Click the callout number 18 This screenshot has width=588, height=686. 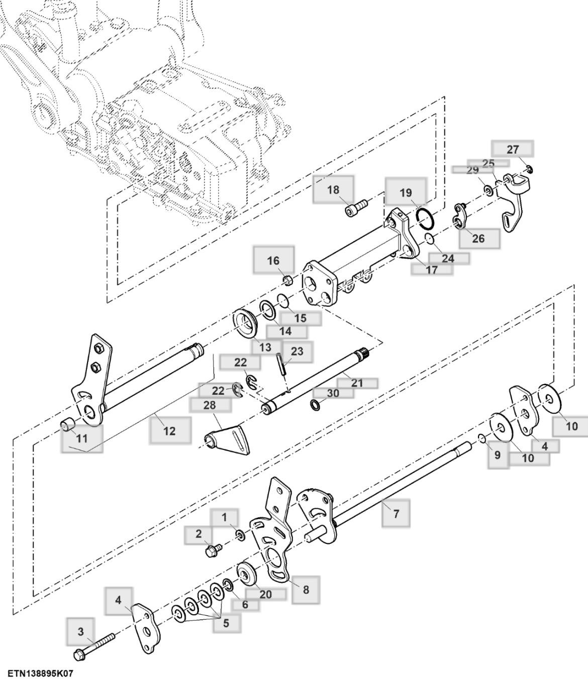(x=333, y=190)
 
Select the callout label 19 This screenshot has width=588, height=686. (x=406, y=193)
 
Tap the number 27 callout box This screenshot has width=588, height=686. (x=512, y=149)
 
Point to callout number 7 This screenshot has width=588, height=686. (x=396, y=513)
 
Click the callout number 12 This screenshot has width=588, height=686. (x=170, y=430)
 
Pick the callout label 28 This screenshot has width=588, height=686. (x=210, y=405)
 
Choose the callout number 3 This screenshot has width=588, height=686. (x=81, y=631)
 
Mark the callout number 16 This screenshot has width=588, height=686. (x=273, y=260)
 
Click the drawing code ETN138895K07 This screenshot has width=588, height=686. (x=40, y=673)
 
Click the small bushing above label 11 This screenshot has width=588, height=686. (x=67, y=425)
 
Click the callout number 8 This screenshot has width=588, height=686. (x=306, y=590)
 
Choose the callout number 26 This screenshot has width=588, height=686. (x=478, y=238)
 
